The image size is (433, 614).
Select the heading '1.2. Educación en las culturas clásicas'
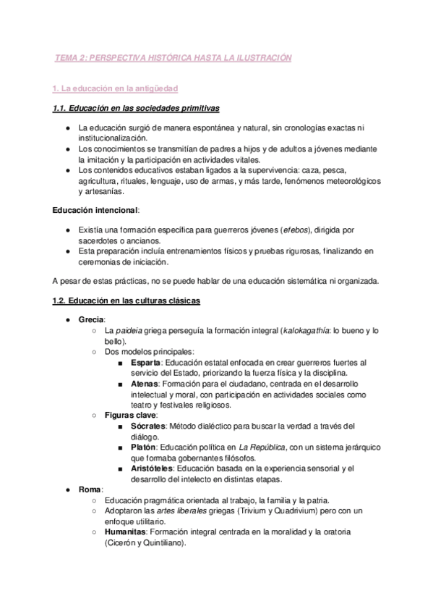pyautogui.click(x=127, y=300)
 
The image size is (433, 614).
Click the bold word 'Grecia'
pyautogui.click(x=92, y=319)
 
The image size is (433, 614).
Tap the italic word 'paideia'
pyautogui.click(x=132, y=330)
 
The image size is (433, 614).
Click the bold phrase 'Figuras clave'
pyautogui.click(x=131, y=416)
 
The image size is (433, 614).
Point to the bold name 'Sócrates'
pyautogui.click(x=149, y=426)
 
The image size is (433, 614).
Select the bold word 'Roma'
pyautogui.click(x=90, y=489)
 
